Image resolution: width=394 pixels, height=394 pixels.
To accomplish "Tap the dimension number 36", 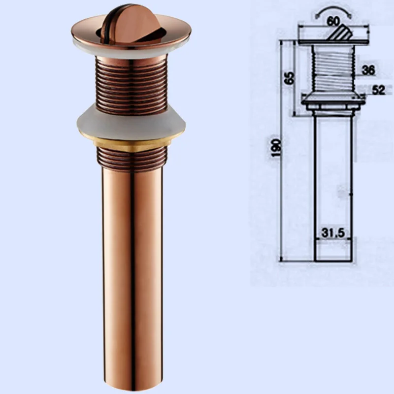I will tap(368, 70).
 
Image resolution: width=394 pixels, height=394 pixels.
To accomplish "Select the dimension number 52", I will tap(378, 91).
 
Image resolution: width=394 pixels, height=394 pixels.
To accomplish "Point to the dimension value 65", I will tap(290, 78).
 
